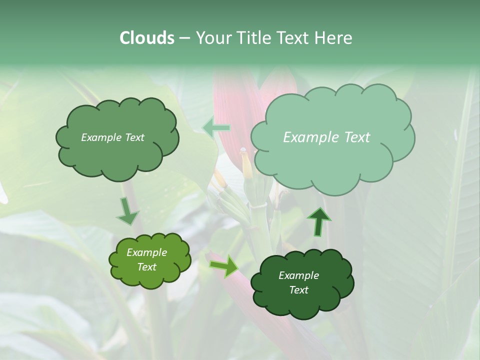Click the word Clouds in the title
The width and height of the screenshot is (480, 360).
pos(146,38)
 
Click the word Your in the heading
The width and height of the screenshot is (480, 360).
pos(212,38)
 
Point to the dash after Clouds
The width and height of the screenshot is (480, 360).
pos(184,38)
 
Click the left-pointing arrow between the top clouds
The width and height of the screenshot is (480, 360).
pos(217,128)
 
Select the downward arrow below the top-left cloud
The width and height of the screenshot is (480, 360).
pos(128,210)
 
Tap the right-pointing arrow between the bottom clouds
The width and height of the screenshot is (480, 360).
pos(224,265)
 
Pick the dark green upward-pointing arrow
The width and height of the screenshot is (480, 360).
pos(319,221)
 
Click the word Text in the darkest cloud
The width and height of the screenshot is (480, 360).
pos(298,290)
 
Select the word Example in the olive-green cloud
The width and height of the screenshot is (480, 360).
pos(146,252)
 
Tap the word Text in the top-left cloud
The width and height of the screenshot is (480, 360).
pos(134,137)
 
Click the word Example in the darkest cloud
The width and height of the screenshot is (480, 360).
pos(298,275)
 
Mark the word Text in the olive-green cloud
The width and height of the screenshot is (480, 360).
pos(146,267)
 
